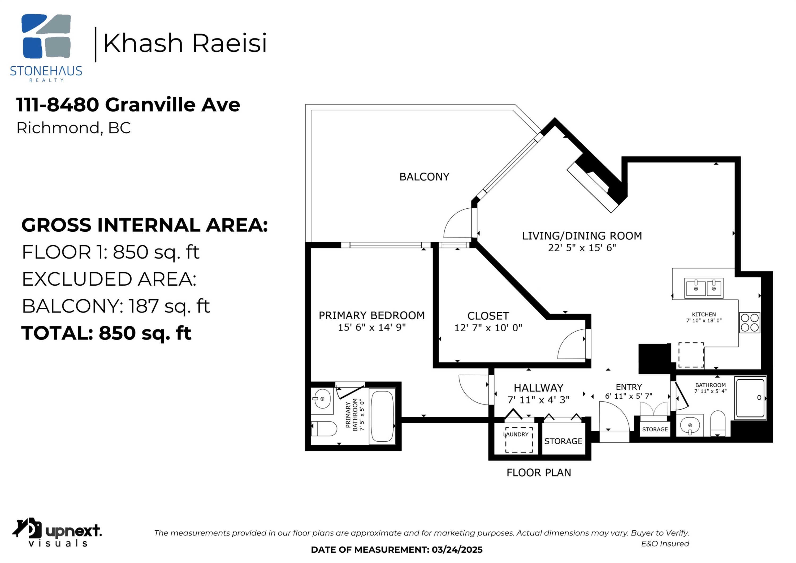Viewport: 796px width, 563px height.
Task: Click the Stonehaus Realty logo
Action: (x=46, y=48)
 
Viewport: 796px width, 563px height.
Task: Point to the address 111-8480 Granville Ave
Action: (x=128, y=105)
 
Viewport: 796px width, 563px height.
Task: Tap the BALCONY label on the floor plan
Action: (x=424, y=177)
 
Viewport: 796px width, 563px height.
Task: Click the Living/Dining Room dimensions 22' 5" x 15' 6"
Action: (x=582, y=248)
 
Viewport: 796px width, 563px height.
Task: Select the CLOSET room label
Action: (x=488, y=316)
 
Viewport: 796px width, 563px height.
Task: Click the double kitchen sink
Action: (x=703, y=288)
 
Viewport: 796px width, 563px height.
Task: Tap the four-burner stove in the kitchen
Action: (x=750, y=323)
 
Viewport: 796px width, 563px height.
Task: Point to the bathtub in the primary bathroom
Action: (x=382, y=416)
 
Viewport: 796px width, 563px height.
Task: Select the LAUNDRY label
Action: (x=516, y=434)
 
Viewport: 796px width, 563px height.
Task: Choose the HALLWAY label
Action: (x=538, y=388)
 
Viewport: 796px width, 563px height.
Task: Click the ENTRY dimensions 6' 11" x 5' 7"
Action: (x=629, y=396)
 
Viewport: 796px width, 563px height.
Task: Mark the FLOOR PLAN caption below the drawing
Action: (x=538, y=472)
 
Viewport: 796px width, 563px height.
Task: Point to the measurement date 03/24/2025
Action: (x=457, y=550)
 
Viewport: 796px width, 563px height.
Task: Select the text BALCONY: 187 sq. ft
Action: (x=116, y=306)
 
